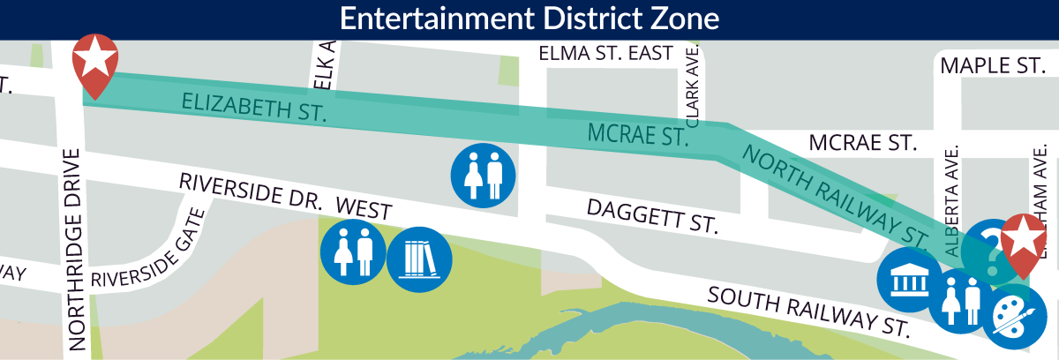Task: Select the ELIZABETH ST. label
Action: [254, 106]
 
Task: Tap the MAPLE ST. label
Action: [992, 66]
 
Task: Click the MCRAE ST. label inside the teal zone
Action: [638, 136]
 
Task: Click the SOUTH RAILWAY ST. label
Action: [807, 311]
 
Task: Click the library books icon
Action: [419, 259]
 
